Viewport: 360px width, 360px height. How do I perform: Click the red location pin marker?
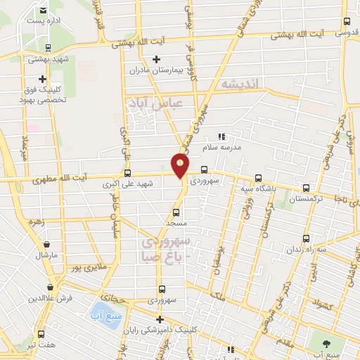pyautogui.click(x=181, y=166)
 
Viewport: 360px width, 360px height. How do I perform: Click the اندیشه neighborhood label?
pyautogui.click(x=240, y=84)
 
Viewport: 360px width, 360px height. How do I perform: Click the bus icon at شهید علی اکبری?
pyautogui.click(x=127, y=173)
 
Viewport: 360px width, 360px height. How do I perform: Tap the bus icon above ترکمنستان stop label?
pyautogui.click(x=305, y=188)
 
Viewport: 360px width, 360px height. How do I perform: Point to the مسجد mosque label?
pyautogui.click(x=175, y=222)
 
